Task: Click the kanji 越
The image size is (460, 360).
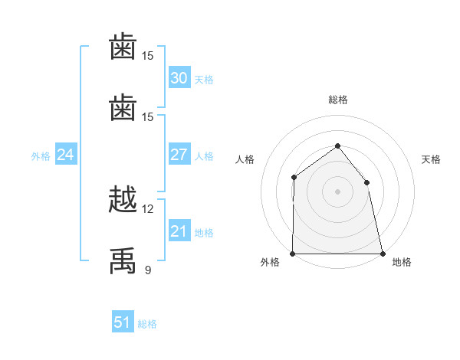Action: click(x=123, y=199)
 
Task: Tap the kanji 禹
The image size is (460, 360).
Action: click(x=123, y=260)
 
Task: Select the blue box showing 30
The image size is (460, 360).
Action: click(x=179, y=77)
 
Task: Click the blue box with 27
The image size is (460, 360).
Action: click(x=179, y=154)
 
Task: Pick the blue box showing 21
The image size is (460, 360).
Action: click(x=179, y=230)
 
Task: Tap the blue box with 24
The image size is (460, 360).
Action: click(x=66, y=154)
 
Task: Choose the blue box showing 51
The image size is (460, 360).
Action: click(x=123, y=321)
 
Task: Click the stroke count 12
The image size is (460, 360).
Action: click(x=147, y=209)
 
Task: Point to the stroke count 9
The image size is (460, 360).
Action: click(x=148, y=270)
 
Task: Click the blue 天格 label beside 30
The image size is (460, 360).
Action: click(x=204, y=80)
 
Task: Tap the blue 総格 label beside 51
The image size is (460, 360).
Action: click(x=147, y=324)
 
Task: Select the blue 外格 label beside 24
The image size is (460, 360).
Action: click(x=41, y=156)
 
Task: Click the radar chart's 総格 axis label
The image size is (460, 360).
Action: click(x=338, y=100)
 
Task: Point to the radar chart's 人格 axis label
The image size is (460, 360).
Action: click(x=245, y=159)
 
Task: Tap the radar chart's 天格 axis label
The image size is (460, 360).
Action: click(x=431, y=159)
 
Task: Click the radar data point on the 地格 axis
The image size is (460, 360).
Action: click(x=383, y=254)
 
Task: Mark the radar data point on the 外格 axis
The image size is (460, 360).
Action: click(x=293, y=254)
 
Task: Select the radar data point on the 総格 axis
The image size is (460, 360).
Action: click(x=337, y=146)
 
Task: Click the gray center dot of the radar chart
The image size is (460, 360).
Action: click(x=337, y=191)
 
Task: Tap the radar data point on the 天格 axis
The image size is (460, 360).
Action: click(x=366, y=182)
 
